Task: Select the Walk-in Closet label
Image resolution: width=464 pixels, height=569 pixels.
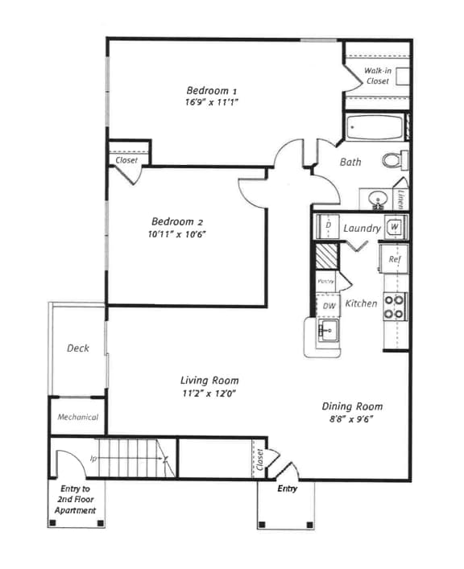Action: coord(376,76)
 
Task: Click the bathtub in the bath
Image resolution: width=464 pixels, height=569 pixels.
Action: coord(374,128)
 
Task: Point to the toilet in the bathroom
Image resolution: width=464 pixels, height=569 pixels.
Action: coord(394,160)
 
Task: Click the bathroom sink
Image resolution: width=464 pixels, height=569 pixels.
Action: coord(377,198)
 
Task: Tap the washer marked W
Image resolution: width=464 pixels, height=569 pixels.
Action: coord(394,227)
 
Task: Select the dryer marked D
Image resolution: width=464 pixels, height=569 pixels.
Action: coord(328,227)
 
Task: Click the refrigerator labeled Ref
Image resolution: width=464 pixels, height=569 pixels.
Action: coord(395,259)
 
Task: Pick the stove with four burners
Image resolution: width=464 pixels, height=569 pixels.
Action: coord(394,307)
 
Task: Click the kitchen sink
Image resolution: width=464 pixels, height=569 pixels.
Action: coord(327,331)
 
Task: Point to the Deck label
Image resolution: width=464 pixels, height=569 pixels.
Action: coord(77,348)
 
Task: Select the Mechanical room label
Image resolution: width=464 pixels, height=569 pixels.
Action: coord(77,417)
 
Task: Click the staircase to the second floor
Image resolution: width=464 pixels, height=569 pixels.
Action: coord(133,458)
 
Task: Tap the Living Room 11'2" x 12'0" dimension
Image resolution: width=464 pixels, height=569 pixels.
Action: coord(208,394)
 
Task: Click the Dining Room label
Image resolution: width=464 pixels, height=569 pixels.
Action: coord(352,406)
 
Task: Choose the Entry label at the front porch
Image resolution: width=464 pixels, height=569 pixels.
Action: coord(287,489)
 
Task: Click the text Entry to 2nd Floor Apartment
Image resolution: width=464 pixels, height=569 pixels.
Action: coord(75,500)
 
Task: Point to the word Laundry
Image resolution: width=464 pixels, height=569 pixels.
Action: coord(362,228)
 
